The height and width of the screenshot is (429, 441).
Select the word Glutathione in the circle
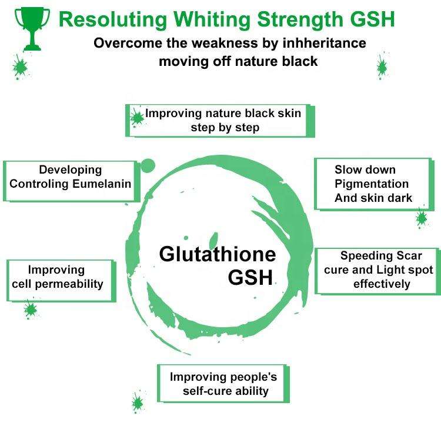click(218, 254)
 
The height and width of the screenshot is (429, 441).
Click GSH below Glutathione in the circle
click(250, 277)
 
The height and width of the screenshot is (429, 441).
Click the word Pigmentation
click(372, 184)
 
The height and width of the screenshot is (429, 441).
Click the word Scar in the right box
click(406, 256)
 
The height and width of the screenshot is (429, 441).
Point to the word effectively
click(382, 284)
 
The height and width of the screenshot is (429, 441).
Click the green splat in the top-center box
click(138, 117)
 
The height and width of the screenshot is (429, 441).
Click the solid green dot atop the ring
click(148, 165)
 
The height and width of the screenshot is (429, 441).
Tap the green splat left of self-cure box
click(138, 402)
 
